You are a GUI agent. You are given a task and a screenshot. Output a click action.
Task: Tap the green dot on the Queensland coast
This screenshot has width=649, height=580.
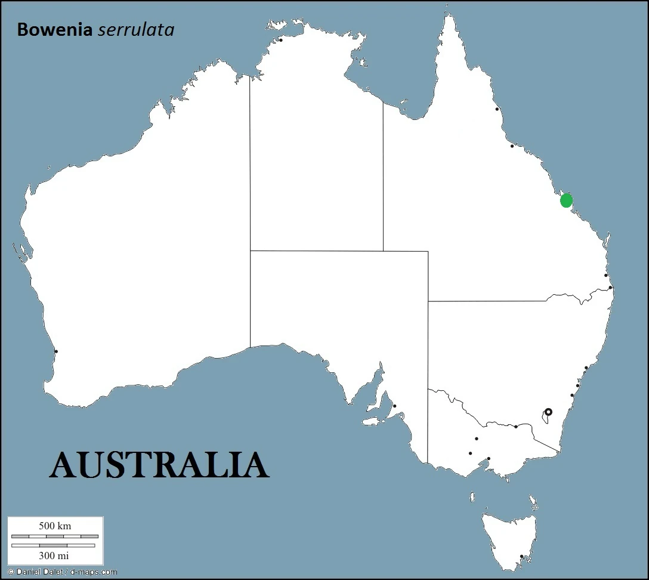[x=566, y=200]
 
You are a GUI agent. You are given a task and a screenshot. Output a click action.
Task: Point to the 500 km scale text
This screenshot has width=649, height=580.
[x=55, y=526]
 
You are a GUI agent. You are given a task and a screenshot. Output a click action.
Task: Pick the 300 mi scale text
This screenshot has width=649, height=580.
[x=54, y=556]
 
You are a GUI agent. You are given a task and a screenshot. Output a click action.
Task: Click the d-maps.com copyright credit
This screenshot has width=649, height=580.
[x=63, y=572]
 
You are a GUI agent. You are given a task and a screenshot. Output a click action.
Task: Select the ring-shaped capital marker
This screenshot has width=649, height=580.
[x=548, y=412]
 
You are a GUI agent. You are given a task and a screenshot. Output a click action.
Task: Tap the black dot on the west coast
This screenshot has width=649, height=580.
[x=56, y=351]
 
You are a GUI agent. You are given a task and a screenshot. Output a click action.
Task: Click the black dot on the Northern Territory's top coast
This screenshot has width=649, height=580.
[x=281, y=40]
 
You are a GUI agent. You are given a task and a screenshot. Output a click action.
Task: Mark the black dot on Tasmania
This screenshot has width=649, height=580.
[x=521, y=557]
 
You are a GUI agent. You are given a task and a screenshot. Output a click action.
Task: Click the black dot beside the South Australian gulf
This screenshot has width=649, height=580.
[x=394, y=406]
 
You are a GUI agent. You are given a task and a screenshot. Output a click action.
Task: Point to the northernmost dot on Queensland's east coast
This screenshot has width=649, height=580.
[x=497, y=109]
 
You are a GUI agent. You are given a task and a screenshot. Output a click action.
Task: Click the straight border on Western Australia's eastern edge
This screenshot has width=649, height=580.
[x=250, y=209]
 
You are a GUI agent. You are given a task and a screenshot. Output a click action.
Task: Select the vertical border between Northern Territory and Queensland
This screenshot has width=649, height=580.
[x=383, y=179]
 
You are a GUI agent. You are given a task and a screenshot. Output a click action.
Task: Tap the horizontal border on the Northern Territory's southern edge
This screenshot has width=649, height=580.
[x=316, y=251]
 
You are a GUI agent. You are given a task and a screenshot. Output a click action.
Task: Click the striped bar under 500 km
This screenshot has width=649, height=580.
[x=55, y=536]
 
